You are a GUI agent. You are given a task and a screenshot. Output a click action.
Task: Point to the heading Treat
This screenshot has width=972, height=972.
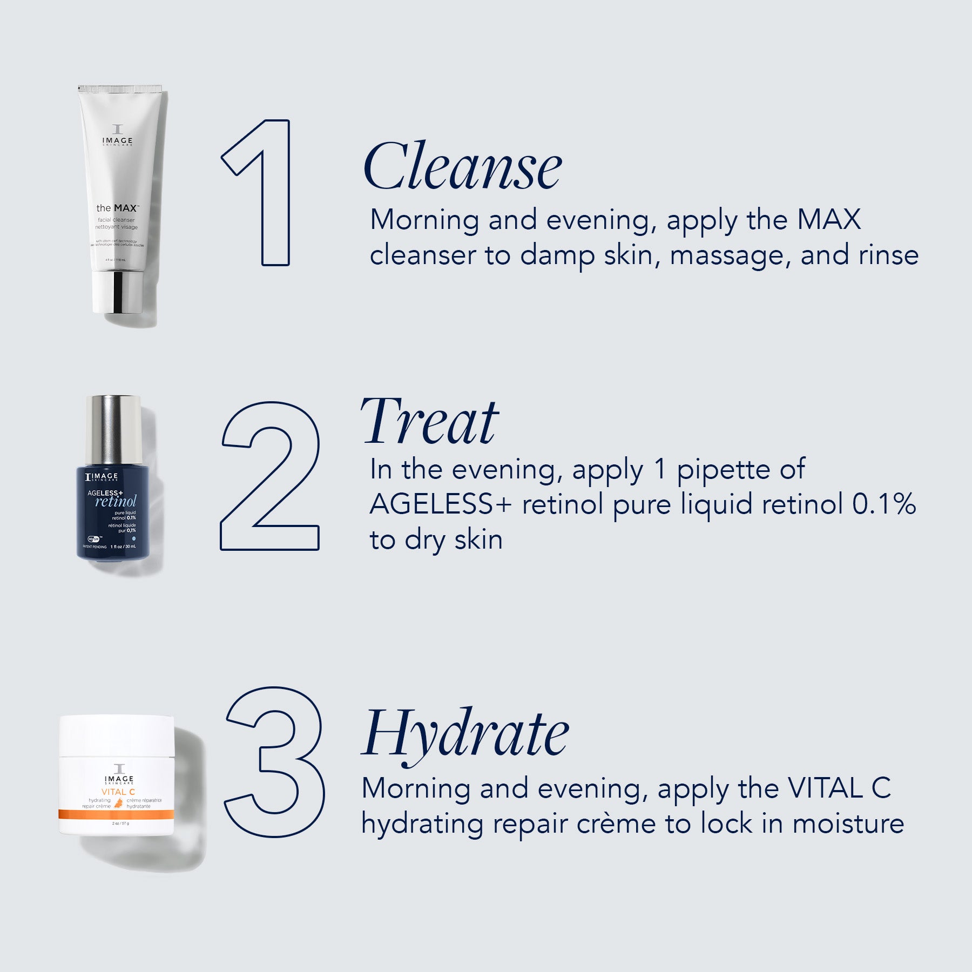tap(429, 422)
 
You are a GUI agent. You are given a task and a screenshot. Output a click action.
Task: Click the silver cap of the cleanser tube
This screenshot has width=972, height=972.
tap(117, 292)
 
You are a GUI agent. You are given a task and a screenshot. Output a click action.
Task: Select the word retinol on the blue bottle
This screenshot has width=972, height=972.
tap(116, 501)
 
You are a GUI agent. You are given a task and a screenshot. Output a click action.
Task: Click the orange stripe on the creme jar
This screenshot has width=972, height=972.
tap(117, 814)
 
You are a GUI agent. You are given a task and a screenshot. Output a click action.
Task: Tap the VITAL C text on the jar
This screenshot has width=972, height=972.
tap(118, 792)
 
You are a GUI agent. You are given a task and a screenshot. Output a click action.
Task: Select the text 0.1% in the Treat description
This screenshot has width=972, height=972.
tap(883, 504)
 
